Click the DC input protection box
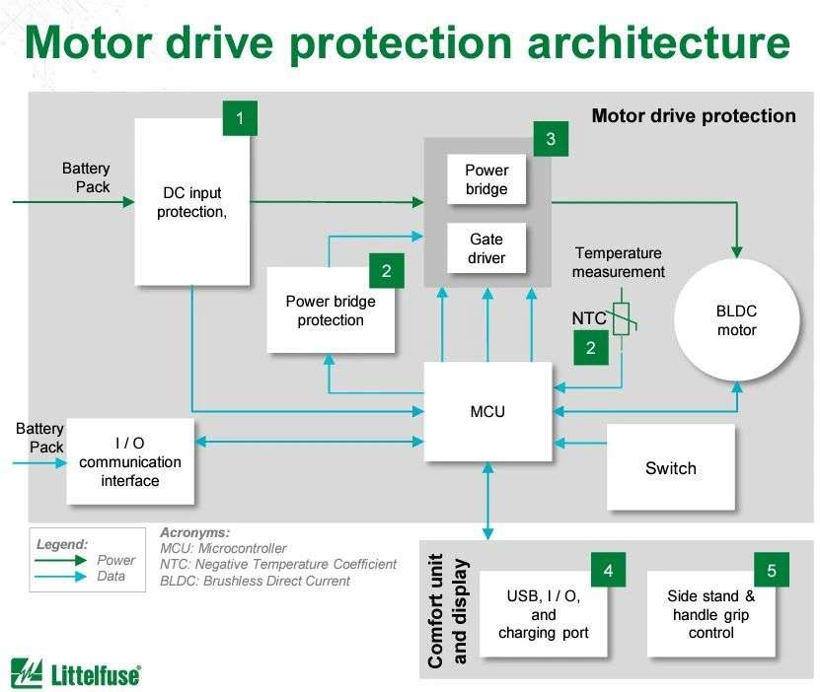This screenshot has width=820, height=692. coord(192,202)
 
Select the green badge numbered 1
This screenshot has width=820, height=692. coord(240,118)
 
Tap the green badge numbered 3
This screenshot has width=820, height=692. coord(551,139)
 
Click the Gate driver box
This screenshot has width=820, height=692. coord(486,248)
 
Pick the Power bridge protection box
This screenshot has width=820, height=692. coord(331,311)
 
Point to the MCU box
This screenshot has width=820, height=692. coord(487,411)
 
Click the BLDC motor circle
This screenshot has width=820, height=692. coord(737,320)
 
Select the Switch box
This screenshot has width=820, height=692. coord(670,467)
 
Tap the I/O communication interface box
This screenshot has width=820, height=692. coord(130,461)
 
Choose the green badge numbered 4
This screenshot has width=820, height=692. coord(608,570)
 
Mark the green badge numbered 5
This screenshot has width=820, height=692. coord(772,570)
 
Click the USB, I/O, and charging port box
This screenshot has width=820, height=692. coord(544,614)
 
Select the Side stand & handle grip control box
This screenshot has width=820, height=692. coord(711,614)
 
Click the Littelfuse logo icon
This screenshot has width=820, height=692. coord(27,672)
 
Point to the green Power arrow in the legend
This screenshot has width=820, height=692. coord(60,560)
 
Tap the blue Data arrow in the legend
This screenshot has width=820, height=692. coord(60,577)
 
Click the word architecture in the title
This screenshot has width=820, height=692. coord(659,42)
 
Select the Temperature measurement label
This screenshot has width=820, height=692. coord(619,262)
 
